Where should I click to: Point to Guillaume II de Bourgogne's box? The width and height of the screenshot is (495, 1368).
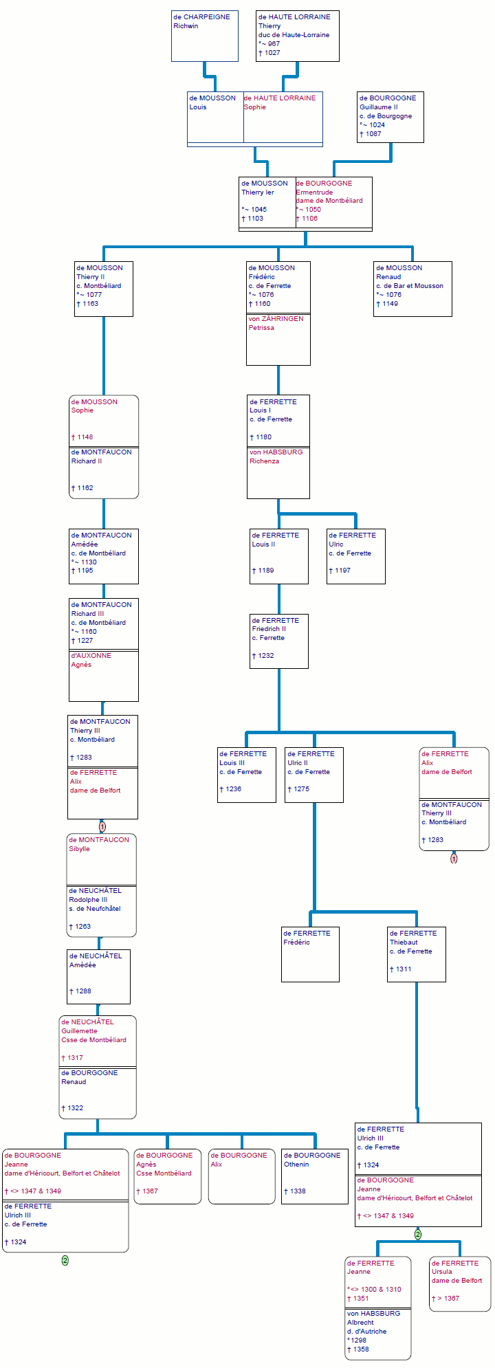[390, 117]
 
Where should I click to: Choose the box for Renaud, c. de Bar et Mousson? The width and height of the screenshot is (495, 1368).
[412, 289]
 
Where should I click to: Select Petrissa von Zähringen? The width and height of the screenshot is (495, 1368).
[278, 340]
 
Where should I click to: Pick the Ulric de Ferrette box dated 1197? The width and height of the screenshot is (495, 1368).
[355, 555]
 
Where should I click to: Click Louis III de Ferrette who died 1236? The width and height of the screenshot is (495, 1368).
[246, 775]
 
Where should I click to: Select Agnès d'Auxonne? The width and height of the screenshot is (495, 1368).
[103, 676]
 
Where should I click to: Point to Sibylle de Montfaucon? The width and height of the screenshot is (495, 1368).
[101, 859]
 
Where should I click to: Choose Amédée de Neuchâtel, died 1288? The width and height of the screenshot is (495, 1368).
[98, 976]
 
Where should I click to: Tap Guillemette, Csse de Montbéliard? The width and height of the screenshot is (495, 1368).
[97, 1041]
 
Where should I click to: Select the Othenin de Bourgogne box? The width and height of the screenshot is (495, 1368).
[314, 1176]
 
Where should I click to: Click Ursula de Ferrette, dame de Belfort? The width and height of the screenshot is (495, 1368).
[459, 1283]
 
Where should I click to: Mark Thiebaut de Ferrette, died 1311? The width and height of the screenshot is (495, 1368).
[416, 953]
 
